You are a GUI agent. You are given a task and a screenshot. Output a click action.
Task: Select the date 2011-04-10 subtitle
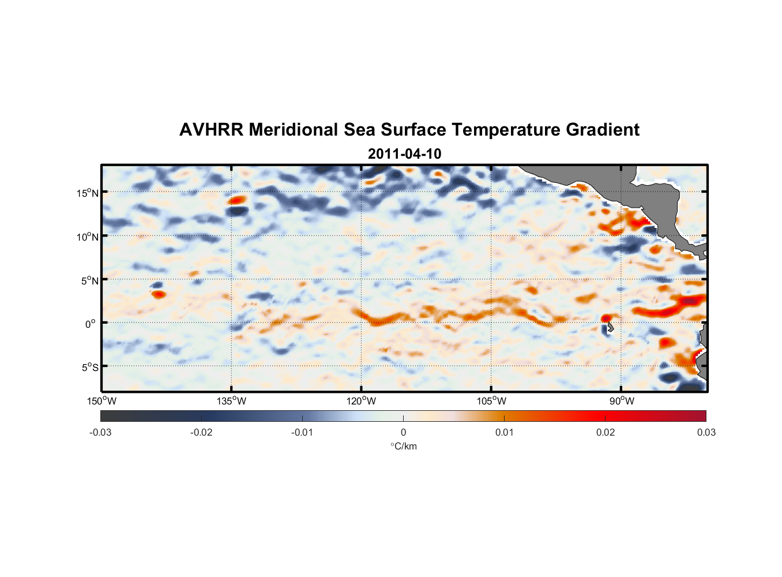pyautogui.click(x=404, y=154)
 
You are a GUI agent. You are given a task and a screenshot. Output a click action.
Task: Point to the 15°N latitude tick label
pyautogui.click(x=88, y=193)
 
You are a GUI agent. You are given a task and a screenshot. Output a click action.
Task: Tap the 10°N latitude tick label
pyautogui.click(x=88, y=237)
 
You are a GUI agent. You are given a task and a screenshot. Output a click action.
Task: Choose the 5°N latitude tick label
pyautogui.click(x=90, y=280)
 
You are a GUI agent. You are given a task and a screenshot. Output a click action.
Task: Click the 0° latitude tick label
pyautogui.click(x=90, y=324)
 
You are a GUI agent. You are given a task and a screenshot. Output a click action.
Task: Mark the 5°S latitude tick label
pyautogui.click(x=90, y=368)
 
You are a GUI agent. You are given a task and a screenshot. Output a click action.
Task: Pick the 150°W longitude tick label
pyautogui.click(x=101, y=401)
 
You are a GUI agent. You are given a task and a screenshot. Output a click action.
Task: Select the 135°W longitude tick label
pyautogui.click(x=231, y=401)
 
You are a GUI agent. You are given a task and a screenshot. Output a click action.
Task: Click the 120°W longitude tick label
pyautogui.click(x=361, y=401)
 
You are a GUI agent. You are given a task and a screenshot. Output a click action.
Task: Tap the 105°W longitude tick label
pyautogui.click(x=491, y=401)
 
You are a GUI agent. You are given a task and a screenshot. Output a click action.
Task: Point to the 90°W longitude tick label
pyautogui.click(x=621, y=401)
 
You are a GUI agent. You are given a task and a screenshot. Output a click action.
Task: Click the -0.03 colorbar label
pyautogui.click(x=100, y=432)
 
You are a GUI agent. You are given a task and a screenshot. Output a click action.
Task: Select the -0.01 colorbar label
pyautogui.click(x=302, y=432)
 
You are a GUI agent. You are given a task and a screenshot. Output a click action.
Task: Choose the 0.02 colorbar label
pyautogui.click(x=606, y=432)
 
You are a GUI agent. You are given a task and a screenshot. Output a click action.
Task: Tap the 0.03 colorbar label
pyautogui.click(x=706, y=432)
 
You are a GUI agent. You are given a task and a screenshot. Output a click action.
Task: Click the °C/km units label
pyautogui.click(x=403, y=446)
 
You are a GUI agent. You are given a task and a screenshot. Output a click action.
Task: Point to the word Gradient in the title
pyautogui.click(x=603, y=130)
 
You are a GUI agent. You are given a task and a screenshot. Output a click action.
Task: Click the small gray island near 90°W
pyautogui.click(x=610, y=327)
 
